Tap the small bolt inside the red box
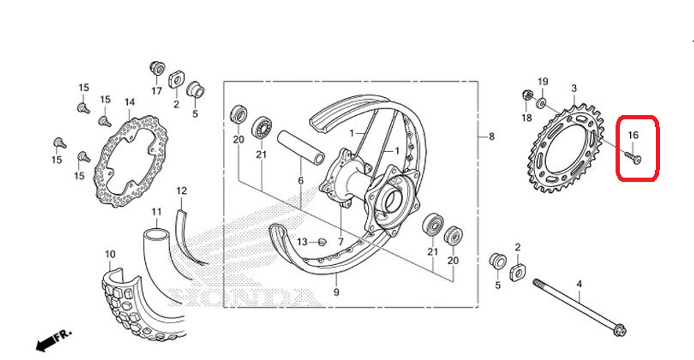pyautogui.click(x=633, y=158)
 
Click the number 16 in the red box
pyautogui.click(x=633, y=135)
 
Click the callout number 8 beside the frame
pyautogui.click(x=491, y=137)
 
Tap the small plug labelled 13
pyautogui.click(x=321, y=241)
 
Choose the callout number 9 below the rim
pyautogui.click(x=336, y=293)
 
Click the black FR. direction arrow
pyautogui.click(x=53, y=341)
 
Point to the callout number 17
pyautogui.click(x=156, y=90)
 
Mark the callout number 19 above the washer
pyautogui.click(x=543, y=82)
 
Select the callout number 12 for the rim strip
pyautogui.click(x=181, y=190)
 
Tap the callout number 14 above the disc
pyautogui.click(x=129, y=103)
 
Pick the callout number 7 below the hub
pyautogui.click(x=341, y=241)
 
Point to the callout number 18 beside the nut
pyautogui.click(x=526, y=118)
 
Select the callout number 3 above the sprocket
pyautogui.click(x=574, y=88)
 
